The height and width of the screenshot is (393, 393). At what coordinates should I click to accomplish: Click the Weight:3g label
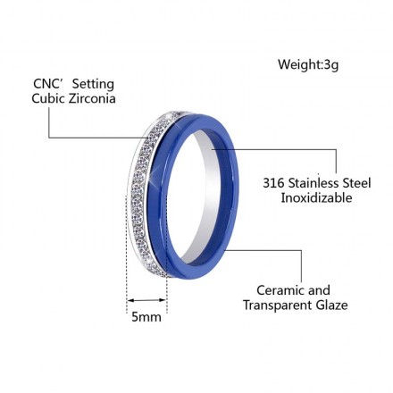308,64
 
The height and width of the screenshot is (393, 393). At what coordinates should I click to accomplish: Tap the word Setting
93,84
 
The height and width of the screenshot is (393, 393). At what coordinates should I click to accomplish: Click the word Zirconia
92,98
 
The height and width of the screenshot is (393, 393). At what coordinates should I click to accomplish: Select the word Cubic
48,98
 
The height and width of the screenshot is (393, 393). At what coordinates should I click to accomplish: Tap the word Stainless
314,183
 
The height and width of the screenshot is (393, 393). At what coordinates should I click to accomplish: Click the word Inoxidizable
316,197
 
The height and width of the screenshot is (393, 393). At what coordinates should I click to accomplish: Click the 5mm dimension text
146,317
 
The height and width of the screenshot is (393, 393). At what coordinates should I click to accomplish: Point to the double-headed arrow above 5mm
146,300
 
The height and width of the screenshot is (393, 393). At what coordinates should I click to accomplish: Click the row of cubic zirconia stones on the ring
140,190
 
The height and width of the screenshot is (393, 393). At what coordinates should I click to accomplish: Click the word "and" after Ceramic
319,290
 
